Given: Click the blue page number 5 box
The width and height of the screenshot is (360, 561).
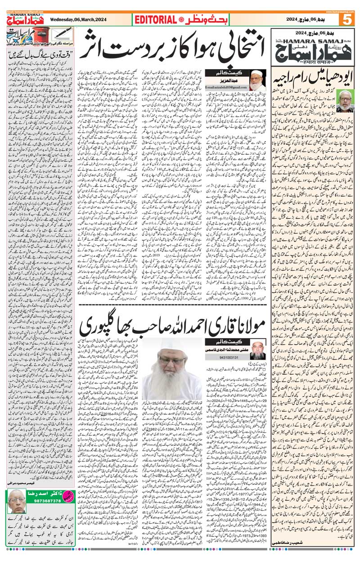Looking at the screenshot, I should point(349,20).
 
